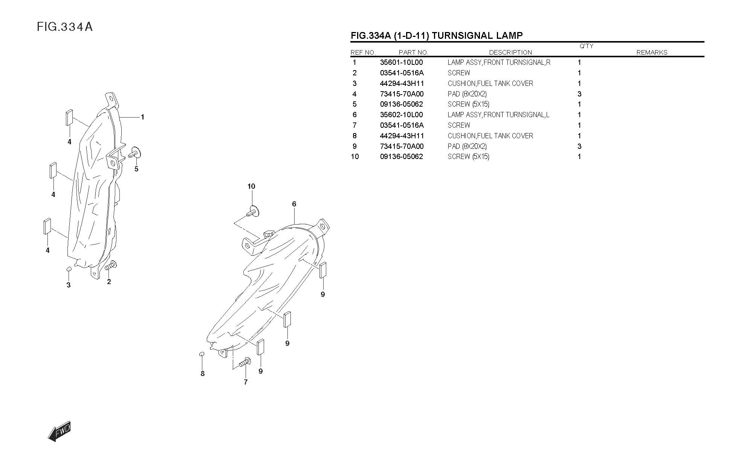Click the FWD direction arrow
[x=60, y=431]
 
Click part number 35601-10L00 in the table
[x=401, y=63]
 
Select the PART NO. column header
[x=413, y=52]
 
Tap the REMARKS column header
[x=652, y=52]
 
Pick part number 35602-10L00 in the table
[x=401, y=115]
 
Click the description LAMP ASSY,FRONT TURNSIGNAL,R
[x=499, y=63]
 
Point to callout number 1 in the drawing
[x=142, y=117]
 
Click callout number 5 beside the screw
[x=136, y=169]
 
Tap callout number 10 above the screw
[x=251, y=186]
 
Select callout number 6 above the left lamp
[x=294, y=204]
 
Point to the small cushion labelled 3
[x=69, y=269]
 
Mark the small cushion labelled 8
[x=202, y=354]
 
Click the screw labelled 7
[x=245, y=362]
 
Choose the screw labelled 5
[x=134, y=153]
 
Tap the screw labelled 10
[x=254, y=211]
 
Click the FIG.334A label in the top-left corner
[x=64, y=27]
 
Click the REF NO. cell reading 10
[x=355, y=157]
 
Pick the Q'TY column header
[x=586, y=46]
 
